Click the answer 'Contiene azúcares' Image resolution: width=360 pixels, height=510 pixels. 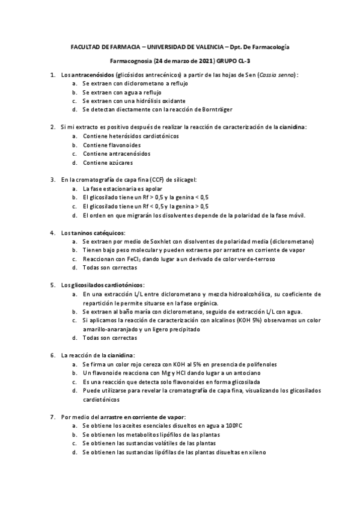point(108,162)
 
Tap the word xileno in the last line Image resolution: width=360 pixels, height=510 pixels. point(254,452)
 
